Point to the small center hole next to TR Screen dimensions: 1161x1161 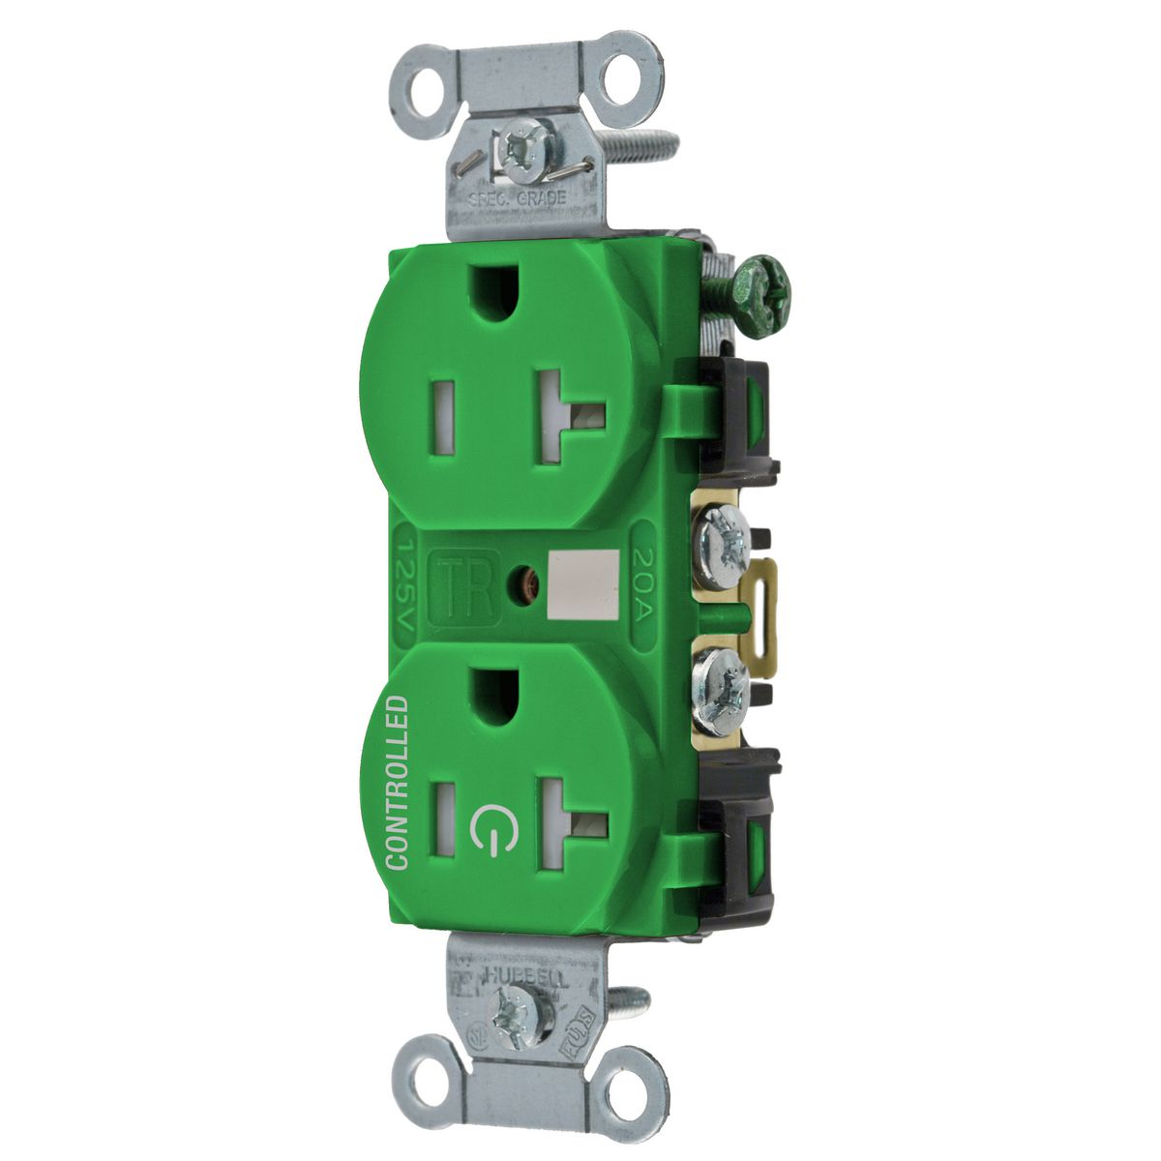522,585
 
